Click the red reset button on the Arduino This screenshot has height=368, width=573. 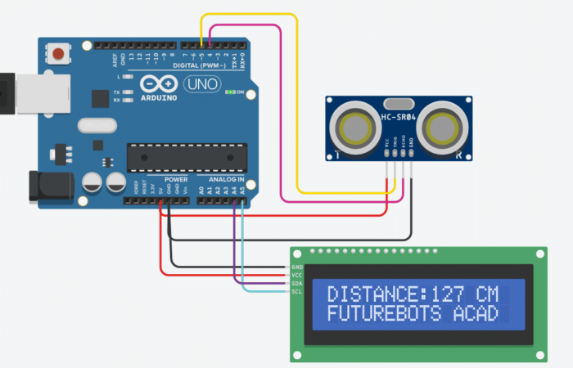pyautogui.click(x=59, y=55)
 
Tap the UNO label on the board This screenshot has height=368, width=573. pyautogui.click(x=197, y=84)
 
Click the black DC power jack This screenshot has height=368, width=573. pyautogui.click(x=45, y=186)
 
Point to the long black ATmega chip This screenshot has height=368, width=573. pyautogui.click(x=186, y=157)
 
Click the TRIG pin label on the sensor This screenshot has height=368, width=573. pyautogui.click(x=394, y=142)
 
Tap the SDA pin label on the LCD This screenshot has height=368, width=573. pyautogui.click(x=296, y=284)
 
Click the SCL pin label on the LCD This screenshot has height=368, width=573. pyautogui.click(x=296, y=292)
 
